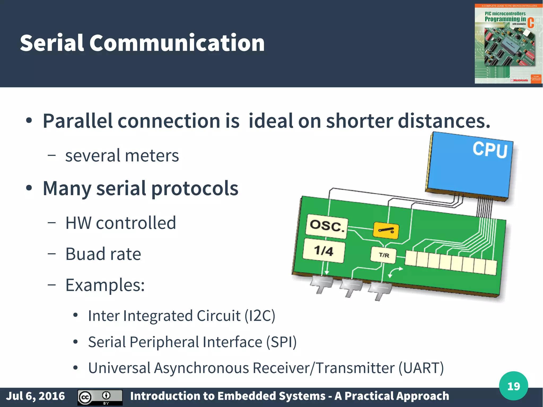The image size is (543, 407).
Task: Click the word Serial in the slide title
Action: pyautogui.click(x=52, y=43)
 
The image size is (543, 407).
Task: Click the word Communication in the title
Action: pyautogui.click(x=177, y=43)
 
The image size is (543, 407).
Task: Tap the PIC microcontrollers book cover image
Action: pyautogui.click(x=508, y=44)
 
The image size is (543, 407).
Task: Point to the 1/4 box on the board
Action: pyautogui.click(x=324, y=251)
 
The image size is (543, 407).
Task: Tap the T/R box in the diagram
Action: pyautogui.click(x=384, y=255)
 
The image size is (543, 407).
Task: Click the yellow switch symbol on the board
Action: pyautogui.click(x=386, y=230)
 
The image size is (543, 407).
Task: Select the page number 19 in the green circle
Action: pyautogui.click(x=513, y=386)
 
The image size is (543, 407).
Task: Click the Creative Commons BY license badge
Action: pyautogui.click(x=100, y=397)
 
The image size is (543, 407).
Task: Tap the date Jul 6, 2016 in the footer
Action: pyautogui.click(x=36, y=396)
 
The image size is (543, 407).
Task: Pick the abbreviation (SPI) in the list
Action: pyautogui.click(x=281, y=342)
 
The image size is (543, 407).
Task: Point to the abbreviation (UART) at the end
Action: pyautogui.click(x=421, y=368)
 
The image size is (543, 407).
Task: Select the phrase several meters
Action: pyautogui.click(x=122, y=156)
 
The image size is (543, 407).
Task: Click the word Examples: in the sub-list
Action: pyautogui.click(x=105, y=285)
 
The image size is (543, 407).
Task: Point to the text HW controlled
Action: pyautogui.click(x=121, y=223)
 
